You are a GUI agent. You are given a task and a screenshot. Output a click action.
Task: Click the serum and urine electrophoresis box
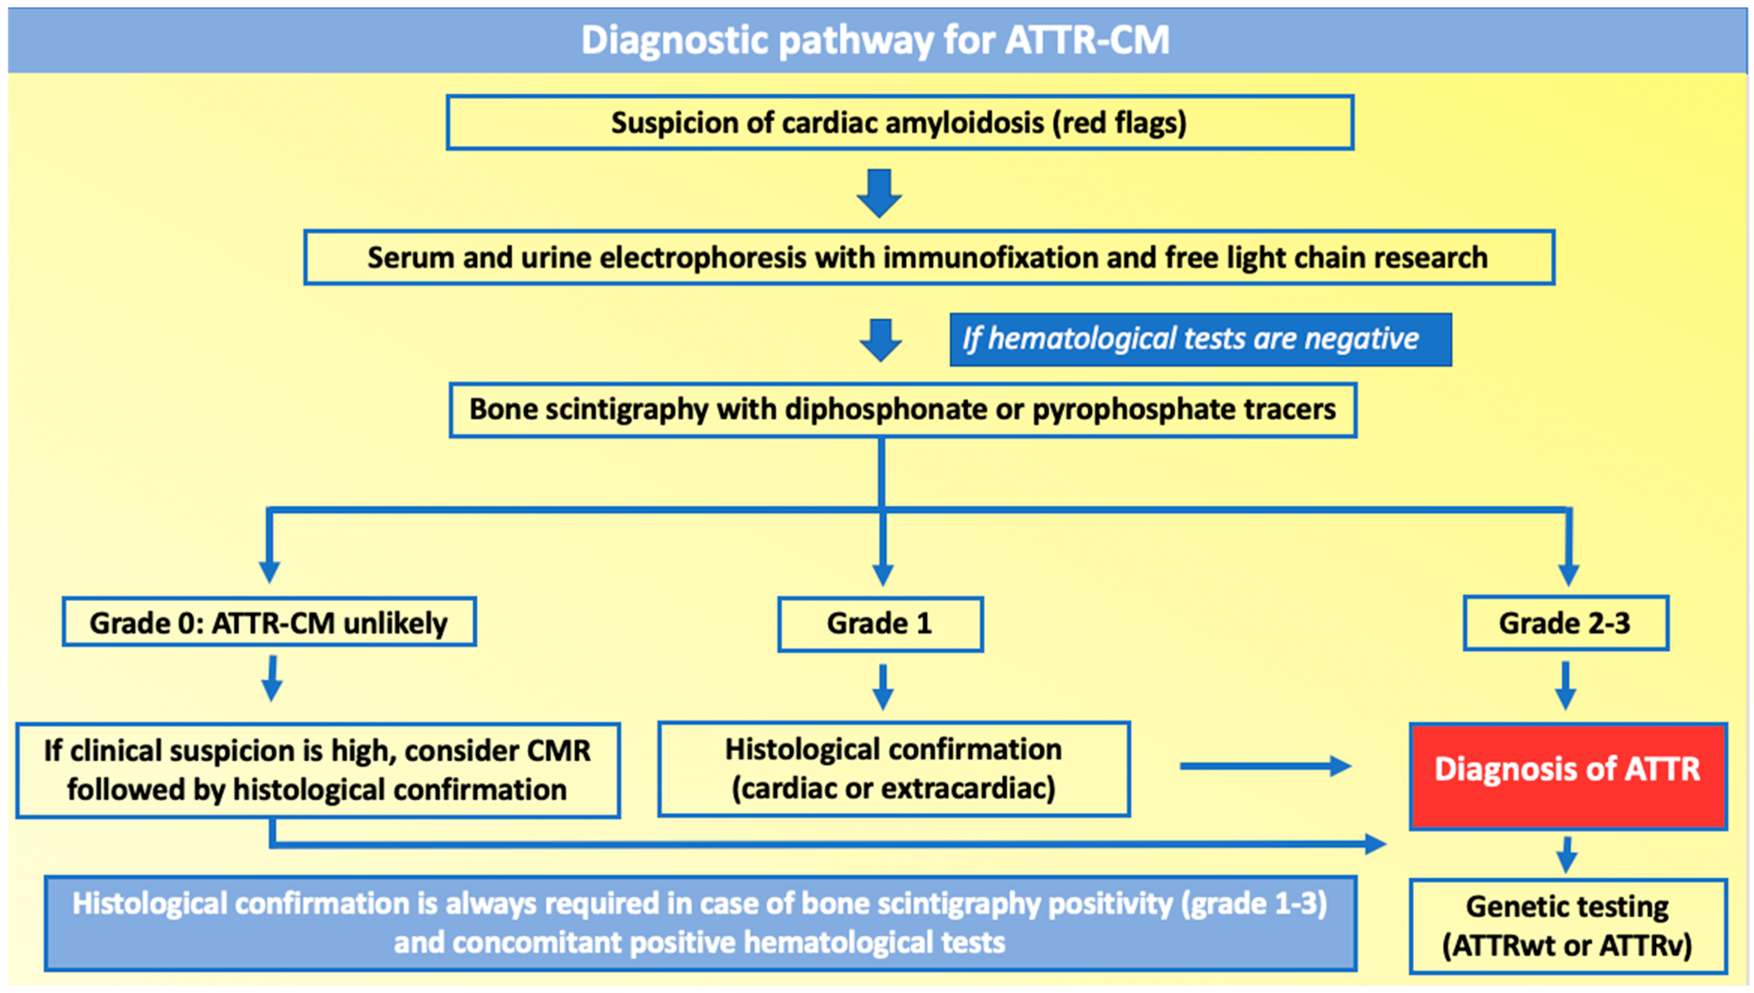(928, 257)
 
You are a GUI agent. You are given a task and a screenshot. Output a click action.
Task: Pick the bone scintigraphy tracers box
(902, 409)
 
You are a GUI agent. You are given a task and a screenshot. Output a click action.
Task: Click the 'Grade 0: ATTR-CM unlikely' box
(269, 622)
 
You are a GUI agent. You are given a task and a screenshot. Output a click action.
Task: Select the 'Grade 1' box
(880, 623)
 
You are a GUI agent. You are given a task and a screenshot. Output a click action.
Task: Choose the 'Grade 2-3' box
(1565, 623)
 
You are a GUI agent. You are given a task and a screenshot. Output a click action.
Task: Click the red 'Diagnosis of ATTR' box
(1568, 776)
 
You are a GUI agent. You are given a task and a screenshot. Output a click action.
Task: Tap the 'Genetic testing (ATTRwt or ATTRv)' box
(1568, 926)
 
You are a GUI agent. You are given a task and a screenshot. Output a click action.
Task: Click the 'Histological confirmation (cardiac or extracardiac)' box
(893, 769)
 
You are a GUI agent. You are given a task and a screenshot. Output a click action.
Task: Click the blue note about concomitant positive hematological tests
(700, 923)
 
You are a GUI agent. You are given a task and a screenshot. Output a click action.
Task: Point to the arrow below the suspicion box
(879, 193)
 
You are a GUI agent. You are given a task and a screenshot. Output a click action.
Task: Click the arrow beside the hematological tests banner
(881, 340)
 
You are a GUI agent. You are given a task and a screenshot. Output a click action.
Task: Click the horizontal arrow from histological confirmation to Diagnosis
(1265, 766)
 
